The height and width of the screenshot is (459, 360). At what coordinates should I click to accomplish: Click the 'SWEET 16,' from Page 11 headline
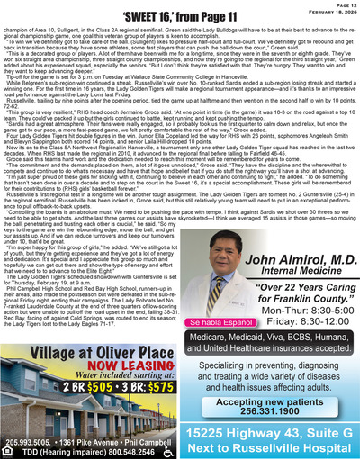coord(179,16)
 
